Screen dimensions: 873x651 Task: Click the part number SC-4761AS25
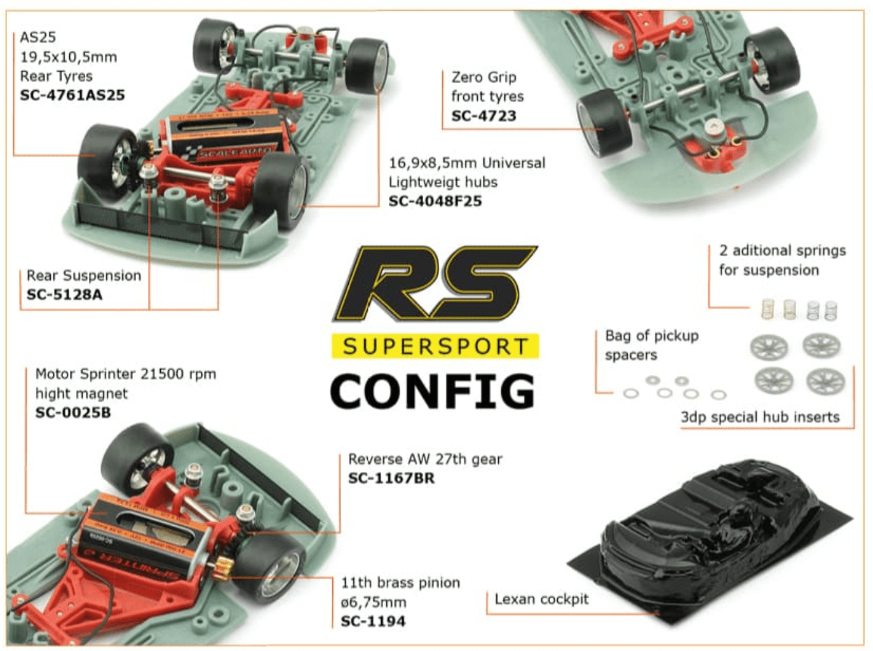point(72,95)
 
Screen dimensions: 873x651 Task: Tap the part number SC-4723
point(484,116)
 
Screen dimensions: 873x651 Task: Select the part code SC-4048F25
point(435,201)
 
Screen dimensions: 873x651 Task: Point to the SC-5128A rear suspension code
point(64,295)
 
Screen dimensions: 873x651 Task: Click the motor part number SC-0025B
point(73,413)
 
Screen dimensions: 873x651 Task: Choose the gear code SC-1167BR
point(391,478)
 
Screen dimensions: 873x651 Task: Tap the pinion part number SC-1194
point(373,621)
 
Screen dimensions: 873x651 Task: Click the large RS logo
point(435,283)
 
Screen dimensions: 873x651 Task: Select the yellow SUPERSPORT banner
point(435,346)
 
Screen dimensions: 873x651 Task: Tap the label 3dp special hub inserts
point(760,417)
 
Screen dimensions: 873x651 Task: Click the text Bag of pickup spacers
point(652,346)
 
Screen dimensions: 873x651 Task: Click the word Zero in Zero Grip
point(466,77)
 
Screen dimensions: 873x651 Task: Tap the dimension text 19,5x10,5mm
point(69,57)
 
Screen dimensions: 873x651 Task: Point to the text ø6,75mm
point(374,603)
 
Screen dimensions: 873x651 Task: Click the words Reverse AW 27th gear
point(425,459)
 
